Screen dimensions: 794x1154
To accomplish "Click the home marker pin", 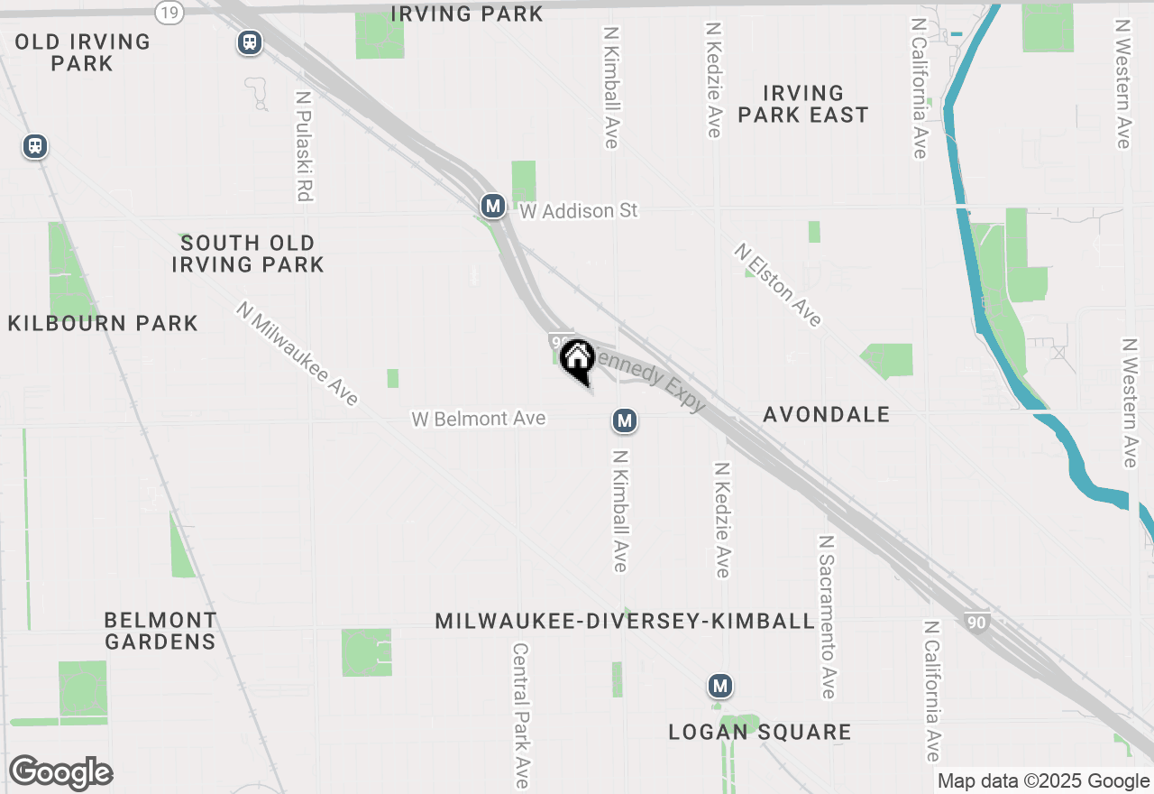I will coord(576,359).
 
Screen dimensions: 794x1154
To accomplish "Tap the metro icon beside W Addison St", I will coord(492,207).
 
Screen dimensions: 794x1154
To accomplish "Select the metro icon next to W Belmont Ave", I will coord(624,420).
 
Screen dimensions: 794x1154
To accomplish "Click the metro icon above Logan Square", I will coord(719,687).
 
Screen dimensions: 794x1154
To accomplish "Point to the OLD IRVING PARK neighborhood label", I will coord(82,52).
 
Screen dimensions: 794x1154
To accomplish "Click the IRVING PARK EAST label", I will coord(802,104).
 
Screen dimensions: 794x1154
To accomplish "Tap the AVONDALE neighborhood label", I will coord(826,414).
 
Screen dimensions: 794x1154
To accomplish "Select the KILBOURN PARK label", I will coord(103,323).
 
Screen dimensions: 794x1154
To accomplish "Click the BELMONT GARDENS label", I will coord(160,631).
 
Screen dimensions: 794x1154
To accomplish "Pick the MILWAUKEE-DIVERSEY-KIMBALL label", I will coord(625,622).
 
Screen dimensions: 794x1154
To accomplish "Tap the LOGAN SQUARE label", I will coord(759,732).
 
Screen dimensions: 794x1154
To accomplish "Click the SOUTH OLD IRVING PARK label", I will coord(247,254).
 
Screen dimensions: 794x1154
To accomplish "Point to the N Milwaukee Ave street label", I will coord(298,353).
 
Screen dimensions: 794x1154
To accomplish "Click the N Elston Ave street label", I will coord(778,284).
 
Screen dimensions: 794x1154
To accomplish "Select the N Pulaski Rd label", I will coord(304,144).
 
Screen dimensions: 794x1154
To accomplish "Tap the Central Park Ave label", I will coord(521,715).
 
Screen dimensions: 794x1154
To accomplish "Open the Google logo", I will coord(60,773).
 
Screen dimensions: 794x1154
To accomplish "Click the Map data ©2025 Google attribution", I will coord(1043,781).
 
